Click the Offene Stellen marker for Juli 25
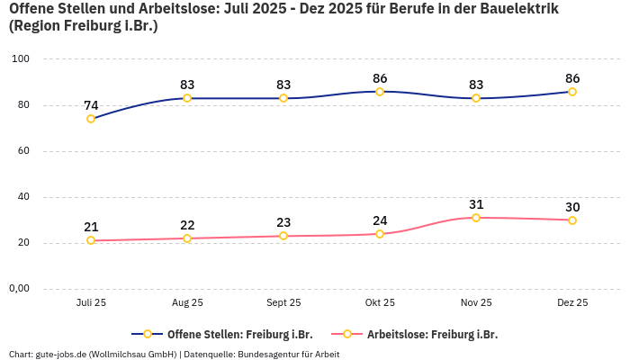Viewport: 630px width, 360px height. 91,119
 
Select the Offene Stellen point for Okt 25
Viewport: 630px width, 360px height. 380,92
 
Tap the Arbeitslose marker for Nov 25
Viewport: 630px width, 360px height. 476,218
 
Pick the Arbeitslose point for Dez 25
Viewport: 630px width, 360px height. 572,220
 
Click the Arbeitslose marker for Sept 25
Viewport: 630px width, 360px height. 283,236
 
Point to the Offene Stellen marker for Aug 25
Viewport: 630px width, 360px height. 187,98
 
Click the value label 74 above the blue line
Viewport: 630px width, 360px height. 91,105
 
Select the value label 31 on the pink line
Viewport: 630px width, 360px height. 476,204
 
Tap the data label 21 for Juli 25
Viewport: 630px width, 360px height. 91,227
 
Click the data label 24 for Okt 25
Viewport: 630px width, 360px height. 380,220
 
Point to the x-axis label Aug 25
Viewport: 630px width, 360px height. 187,303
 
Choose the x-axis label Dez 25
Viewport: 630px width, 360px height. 572,303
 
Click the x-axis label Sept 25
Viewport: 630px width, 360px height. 283,303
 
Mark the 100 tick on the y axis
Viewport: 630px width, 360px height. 21,59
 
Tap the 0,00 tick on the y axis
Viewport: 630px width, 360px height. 19,289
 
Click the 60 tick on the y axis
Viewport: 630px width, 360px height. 23,151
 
